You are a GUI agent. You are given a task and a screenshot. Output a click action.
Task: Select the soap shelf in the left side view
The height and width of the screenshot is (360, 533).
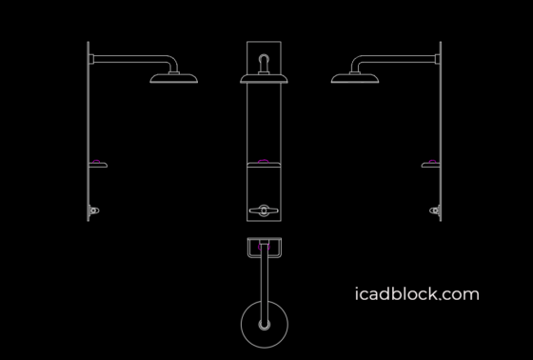point(98,166)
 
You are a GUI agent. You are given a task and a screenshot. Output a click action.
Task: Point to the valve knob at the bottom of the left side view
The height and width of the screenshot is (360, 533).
point(93,209)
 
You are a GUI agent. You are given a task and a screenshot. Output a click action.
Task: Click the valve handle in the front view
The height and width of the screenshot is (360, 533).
point(264,210)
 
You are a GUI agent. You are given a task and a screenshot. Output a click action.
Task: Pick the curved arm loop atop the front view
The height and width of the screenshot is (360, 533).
point(265,61)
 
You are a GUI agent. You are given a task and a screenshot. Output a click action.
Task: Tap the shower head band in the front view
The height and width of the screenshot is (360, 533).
point(265,82)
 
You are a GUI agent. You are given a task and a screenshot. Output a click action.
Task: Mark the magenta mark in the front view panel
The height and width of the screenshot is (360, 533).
point(265,158)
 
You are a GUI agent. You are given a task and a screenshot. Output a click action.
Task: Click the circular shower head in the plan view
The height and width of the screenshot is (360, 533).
point(264,326)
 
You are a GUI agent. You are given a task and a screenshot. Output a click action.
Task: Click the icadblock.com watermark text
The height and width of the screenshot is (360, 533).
point(416,294)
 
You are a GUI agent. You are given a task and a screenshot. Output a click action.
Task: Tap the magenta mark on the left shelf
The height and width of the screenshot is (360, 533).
point(96,159)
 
